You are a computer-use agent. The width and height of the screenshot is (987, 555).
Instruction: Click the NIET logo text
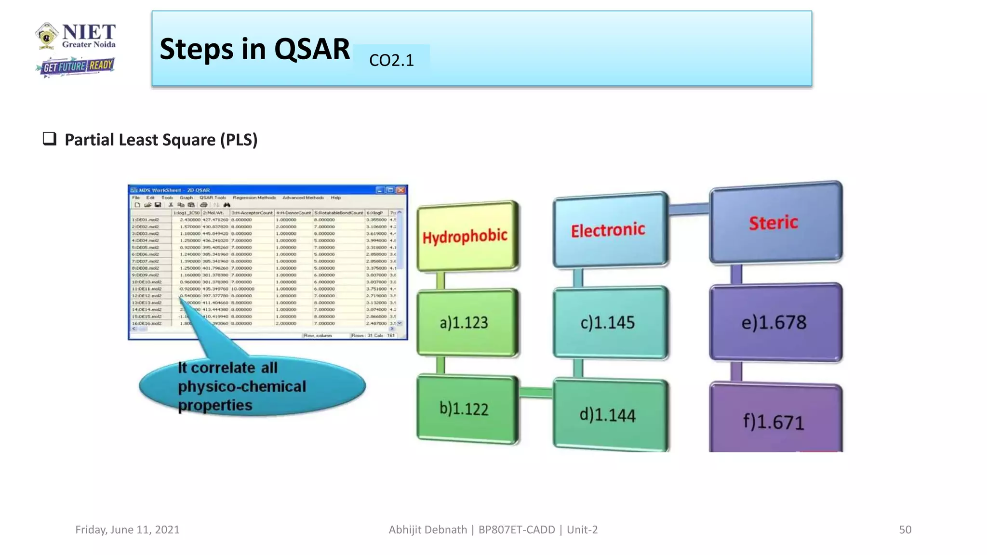[x=89, y=32]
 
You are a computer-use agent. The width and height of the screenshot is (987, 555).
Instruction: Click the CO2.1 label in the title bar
[x=391, y=60]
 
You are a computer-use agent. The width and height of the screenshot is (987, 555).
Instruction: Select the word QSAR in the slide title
[x=312, y=49]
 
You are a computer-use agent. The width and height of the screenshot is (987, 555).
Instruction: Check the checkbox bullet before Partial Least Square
[x=50, y=139]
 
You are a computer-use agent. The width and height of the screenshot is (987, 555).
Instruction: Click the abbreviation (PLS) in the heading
[x=239, y=140]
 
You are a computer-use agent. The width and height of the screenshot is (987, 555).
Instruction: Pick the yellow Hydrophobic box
[x=466, y=236]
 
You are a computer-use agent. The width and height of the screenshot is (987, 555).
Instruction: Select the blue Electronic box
[x=608, y=230]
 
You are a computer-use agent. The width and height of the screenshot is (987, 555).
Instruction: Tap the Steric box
[x=774, y=223]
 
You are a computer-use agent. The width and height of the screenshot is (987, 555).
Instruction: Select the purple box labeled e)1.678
[x=774, y=322]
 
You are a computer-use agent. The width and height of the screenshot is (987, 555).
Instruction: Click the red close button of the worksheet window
[x=401, y=190]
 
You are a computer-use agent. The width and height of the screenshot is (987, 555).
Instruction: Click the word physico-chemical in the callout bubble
[x=242, y=386]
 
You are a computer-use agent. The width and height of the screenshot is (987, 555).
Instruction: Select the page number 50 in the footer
[x=905, y=529]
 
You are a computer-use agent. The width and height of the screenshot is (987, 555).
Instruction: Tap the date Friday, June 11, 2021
[x=127, y=529]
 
